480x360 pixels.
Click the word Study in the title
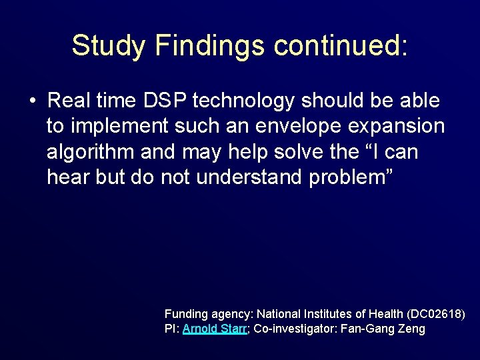[109, 45]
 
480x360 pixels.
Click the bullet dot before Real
[32, 101]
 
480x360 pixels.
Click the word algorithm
[91, 153]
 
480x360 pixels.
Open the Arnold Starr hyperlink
[215, 329]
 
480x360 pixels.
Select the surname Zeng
[413, 329]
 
